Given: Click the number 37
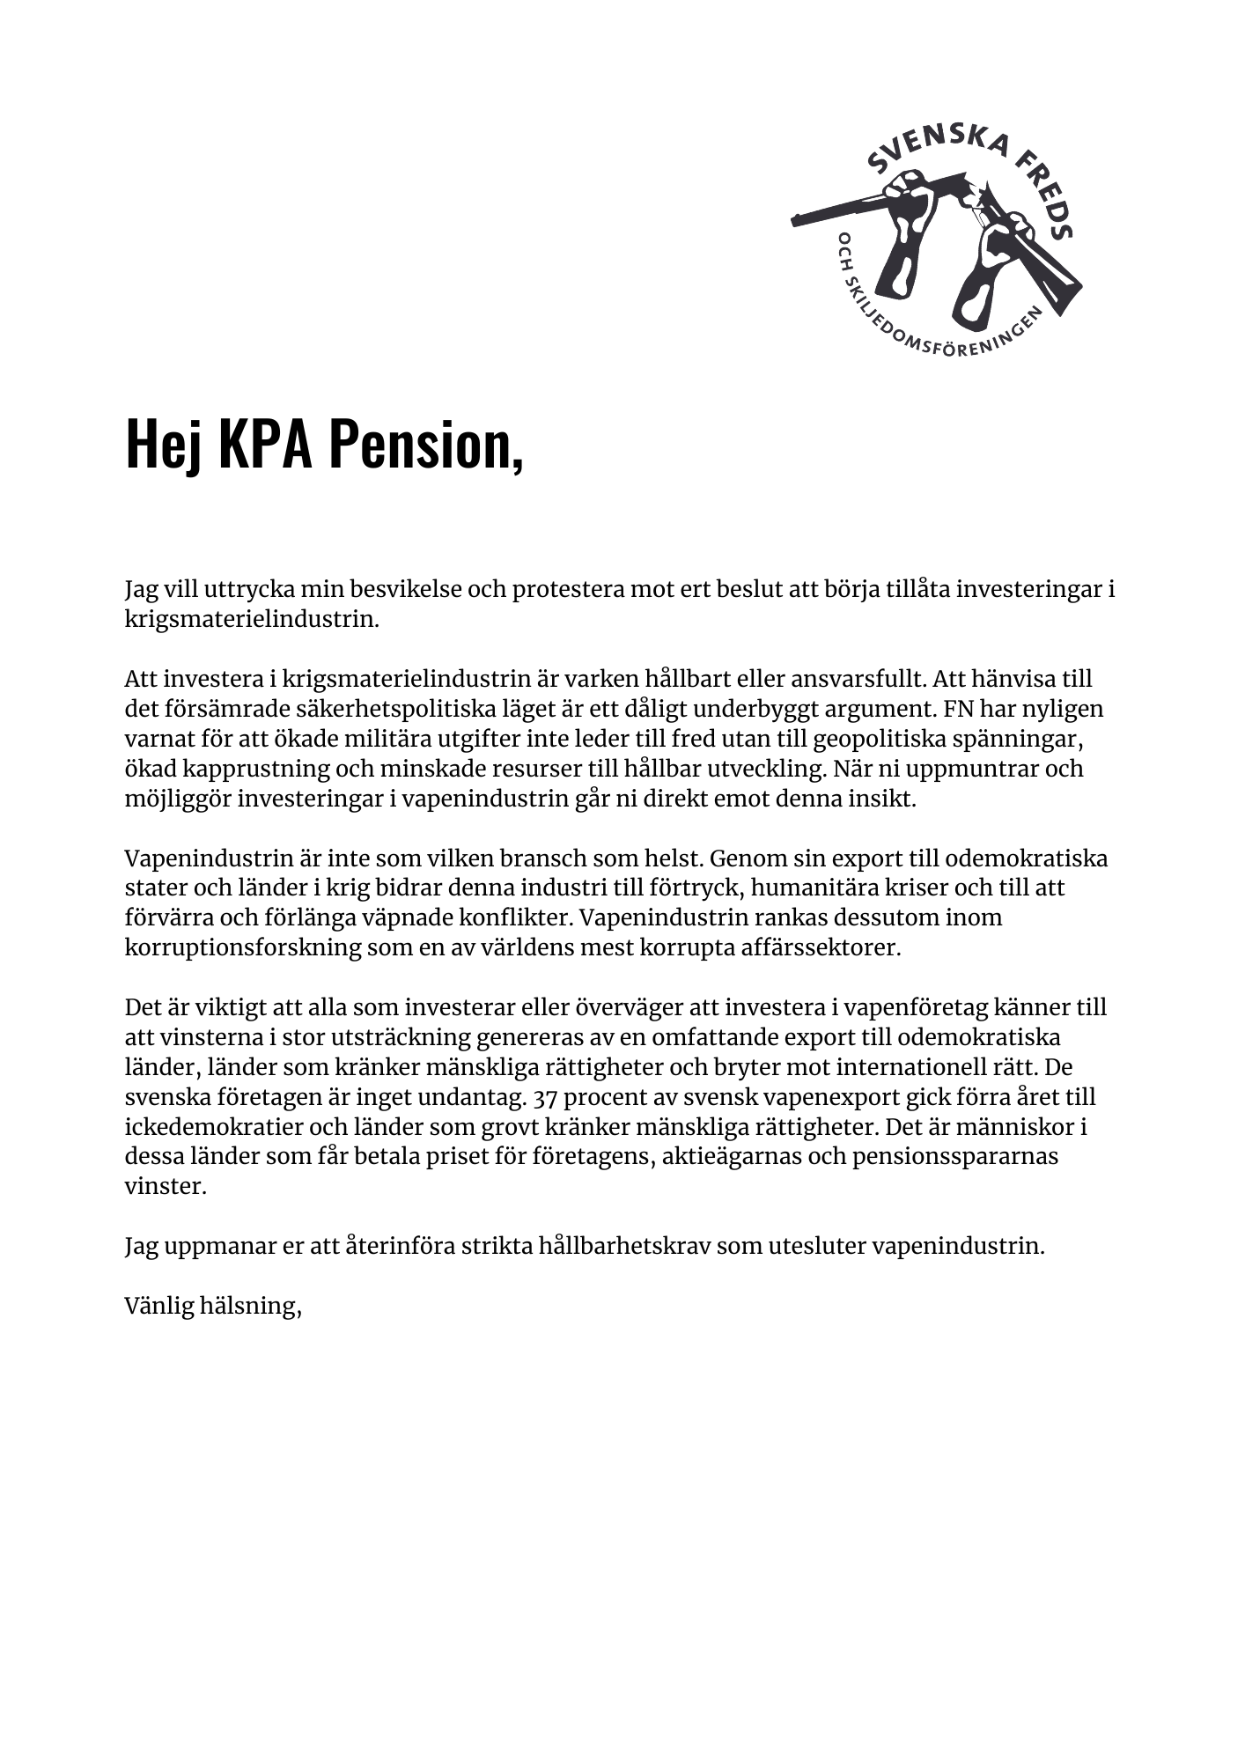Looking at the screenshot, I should point(546,1097).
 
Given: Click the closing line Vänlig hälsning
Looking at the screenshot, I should point(213,1306).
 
